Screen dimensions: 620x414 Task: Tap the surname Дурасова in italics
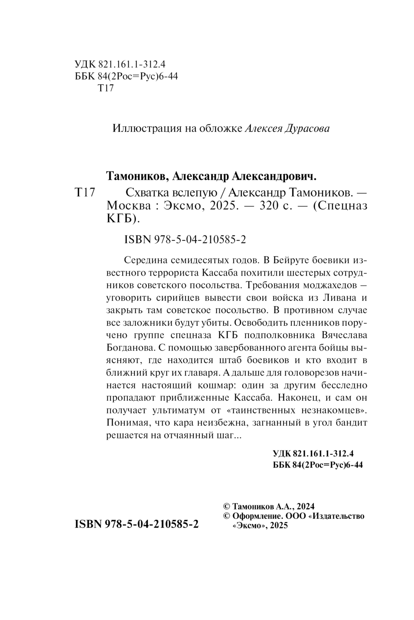tap(308, 128)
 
